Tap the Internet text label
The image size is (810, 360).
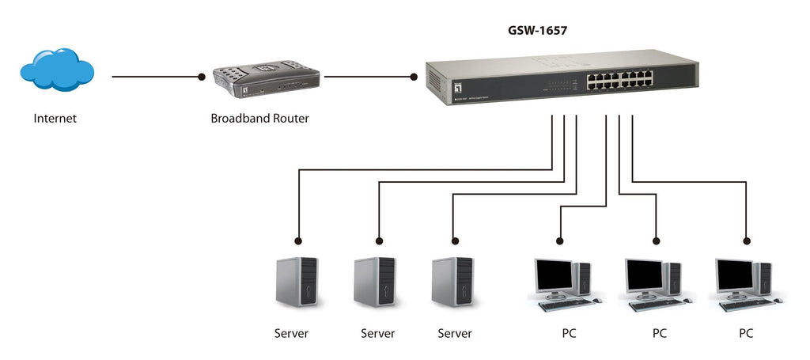click(x=55, y=119)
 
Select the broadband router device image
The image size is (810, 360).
click(x=266, y=82)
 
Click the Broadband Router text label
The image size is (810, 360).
click(x=259, y=119)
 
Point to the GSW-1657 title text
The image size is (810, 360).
click(x=537, y=32)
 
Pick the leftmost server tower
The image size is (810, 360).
click(x=297, y=282)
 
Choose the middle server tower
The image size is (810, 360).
click(x=375, y=282)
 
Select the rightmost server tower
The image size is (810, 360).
click(x=452, y=282)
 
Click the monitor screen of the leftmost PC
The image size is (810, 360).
click(x=554, y=274)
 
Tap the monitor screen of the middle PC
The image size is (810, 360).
click(x=645, y=274)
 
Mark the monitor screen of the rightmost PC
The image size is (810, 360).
click(x=735, y=274)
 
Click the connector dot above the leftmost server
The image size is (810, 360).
click(x=298, y=240)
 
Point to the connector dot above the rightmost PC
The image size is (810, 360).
click(x=746, y=240)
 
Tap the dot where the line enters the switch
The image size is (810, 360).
click(x=413, y=77)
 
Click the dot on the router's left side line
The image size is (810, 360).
click(x=201, y=77)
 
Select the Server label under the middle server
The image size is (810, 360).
click(x=377, y=333)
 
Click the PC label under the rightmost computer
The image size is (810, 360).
click(x=746, y=333)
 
